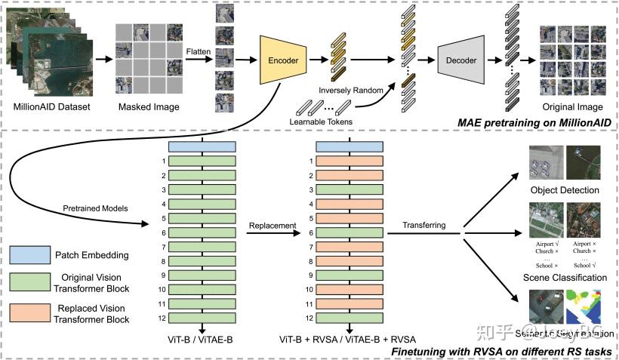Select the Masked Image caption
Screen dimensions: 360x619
click(149, 107)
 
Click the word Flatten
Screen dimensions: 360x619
click(200, 51)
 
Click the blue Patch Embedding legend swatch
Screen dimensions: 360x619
click(37, 255)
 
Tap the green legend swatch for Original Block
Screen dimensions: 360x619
click(37, 283)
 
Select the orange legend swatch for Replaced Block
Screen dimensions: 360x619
click(37, 312)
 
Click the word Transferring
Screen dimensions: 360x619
click(424, 225)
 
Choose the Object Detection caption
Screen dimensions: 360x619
click(565, 190)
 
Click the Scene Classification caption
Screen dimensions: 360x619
click(565, 278)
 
